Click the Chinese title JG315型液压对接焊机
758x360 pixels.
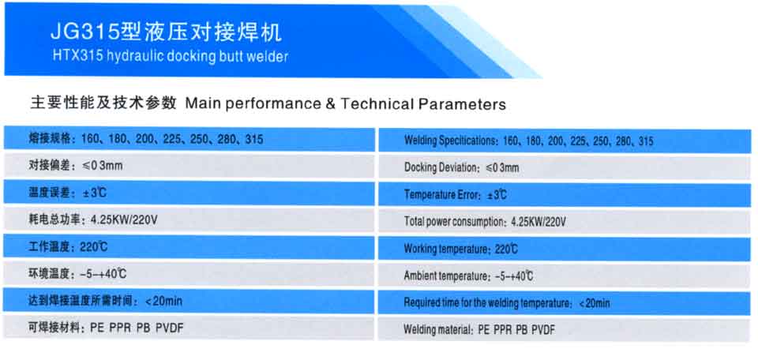pos(166,32)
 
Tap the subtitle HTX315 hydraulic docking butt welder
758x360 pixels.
pos(171,57)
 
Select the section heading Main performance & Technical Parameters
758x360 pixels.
pos(345,103)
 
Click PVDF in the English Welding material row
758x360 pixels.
pos(543,331)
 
